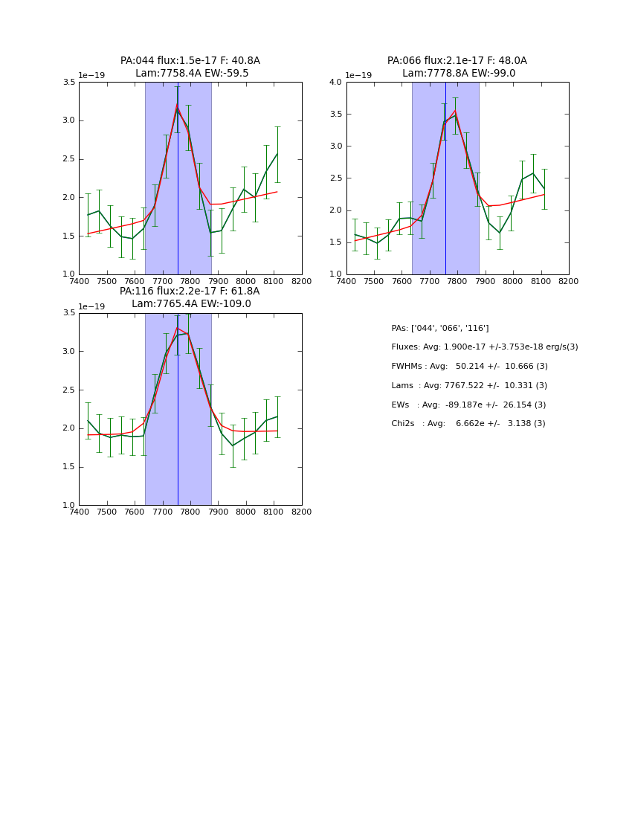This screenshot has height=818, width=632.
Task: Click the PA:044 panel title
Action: [x=190, y=61]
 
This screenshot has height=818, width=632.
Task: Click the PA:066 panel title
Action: [x=457, y=61]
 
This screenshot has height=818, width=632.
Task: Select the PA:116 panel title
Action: [x=190, y=292]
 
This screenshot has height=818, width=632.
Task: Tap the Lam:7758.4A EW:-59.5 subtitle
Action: [x=192, y=74]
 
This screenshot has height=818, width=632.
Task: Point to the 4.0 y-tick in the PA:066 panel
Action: [x=335, y=83]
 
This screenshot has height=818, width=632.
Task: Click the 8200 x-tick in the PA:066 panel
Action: [x=569, y=281]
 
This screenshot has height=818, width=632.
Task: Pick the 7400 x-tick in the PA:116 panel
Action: [x=79, y=512]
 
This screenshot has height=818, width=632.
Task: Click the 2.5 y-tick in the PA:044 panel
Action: [x=68, y=159]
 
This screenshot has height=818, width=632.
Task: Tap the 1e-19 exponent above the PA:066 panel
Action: [x=359, y=75]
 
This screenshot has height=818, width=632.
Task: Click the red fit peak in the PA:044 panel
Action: [x=177, y=107]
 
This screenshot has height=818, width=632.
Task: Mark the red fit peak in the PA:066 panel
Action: [x=455, y=111]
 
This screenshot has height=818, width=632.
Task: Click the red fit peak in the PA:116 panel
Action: [x=177, y=328]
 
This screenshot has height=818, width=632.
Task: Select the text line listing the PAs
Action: [x=440, y=328]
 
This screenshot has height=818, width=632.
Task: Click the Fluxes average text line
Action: [x=484, y=347]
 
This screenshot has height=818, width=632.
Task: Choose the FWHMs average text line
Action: [x=469, y=367]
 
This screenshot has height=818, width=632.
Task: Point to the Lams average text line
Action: [x=469, y=386]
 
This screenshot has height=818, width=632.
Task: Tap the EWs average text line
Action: [x=468, y=405]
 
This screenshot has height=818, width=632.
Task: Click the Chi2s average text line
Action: [x=468, y=424]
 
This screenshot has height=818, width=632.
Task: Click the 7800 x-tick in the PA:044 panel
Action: [x=190, y=281]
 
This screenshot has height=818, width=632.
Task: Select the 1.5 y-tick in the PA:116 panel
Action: [x=68, y=467]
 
